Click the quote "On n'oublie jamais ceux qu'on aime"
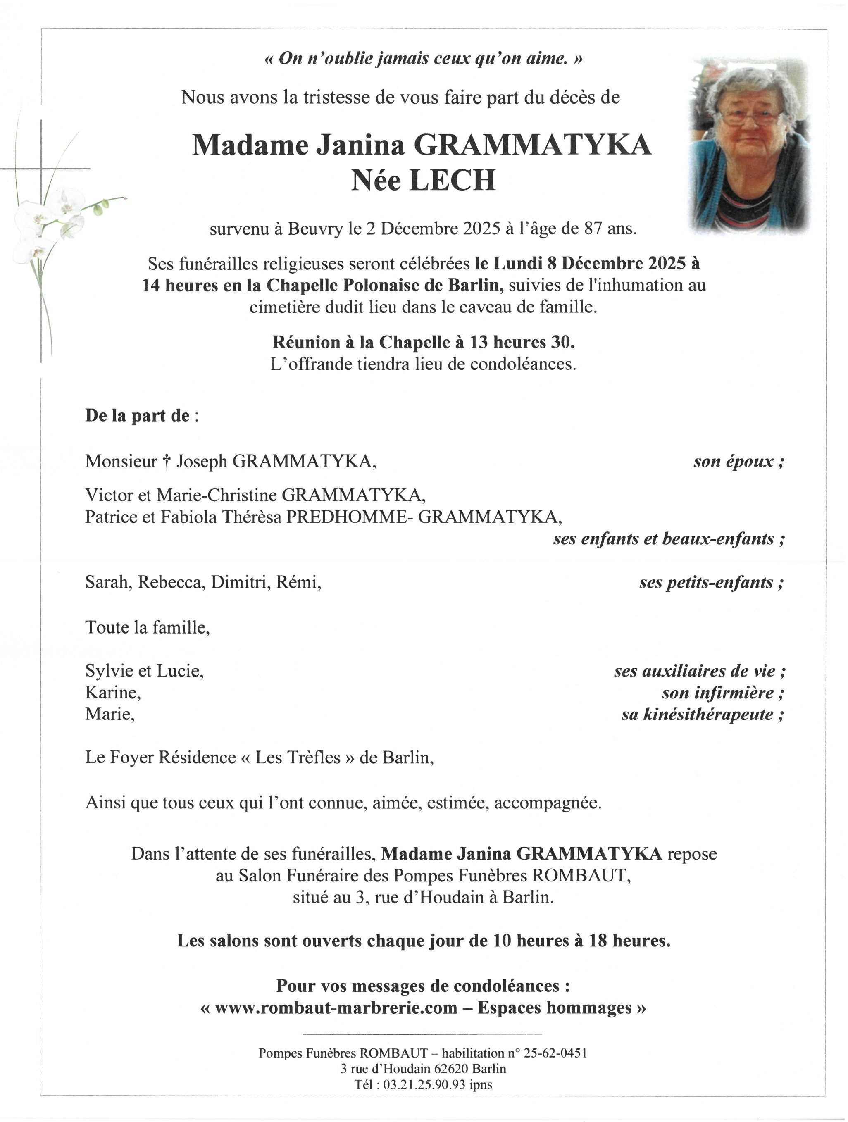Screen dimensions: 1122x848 click(x=424, y=59)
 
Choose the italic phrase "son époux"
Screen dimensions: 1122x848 click(x=738, y=461)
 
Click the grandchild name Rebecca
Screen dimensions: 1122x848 click(x=171, y=582)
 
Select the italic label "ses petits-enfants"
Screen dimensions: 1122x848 click(x=711, y=582)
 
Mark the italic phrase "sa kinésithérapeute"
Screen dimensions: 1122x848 click(x=703, y=714)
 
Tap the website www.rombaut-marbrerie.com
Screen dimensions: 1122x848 click(x=336, y=1008)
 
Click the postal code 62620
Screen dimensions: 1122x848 click(x=450, y=1069)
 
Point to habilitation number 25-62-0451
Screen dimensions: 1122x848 click(x=555, y=1053)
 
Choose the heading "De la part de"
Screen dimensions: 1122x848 click(x=137, y=415)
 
